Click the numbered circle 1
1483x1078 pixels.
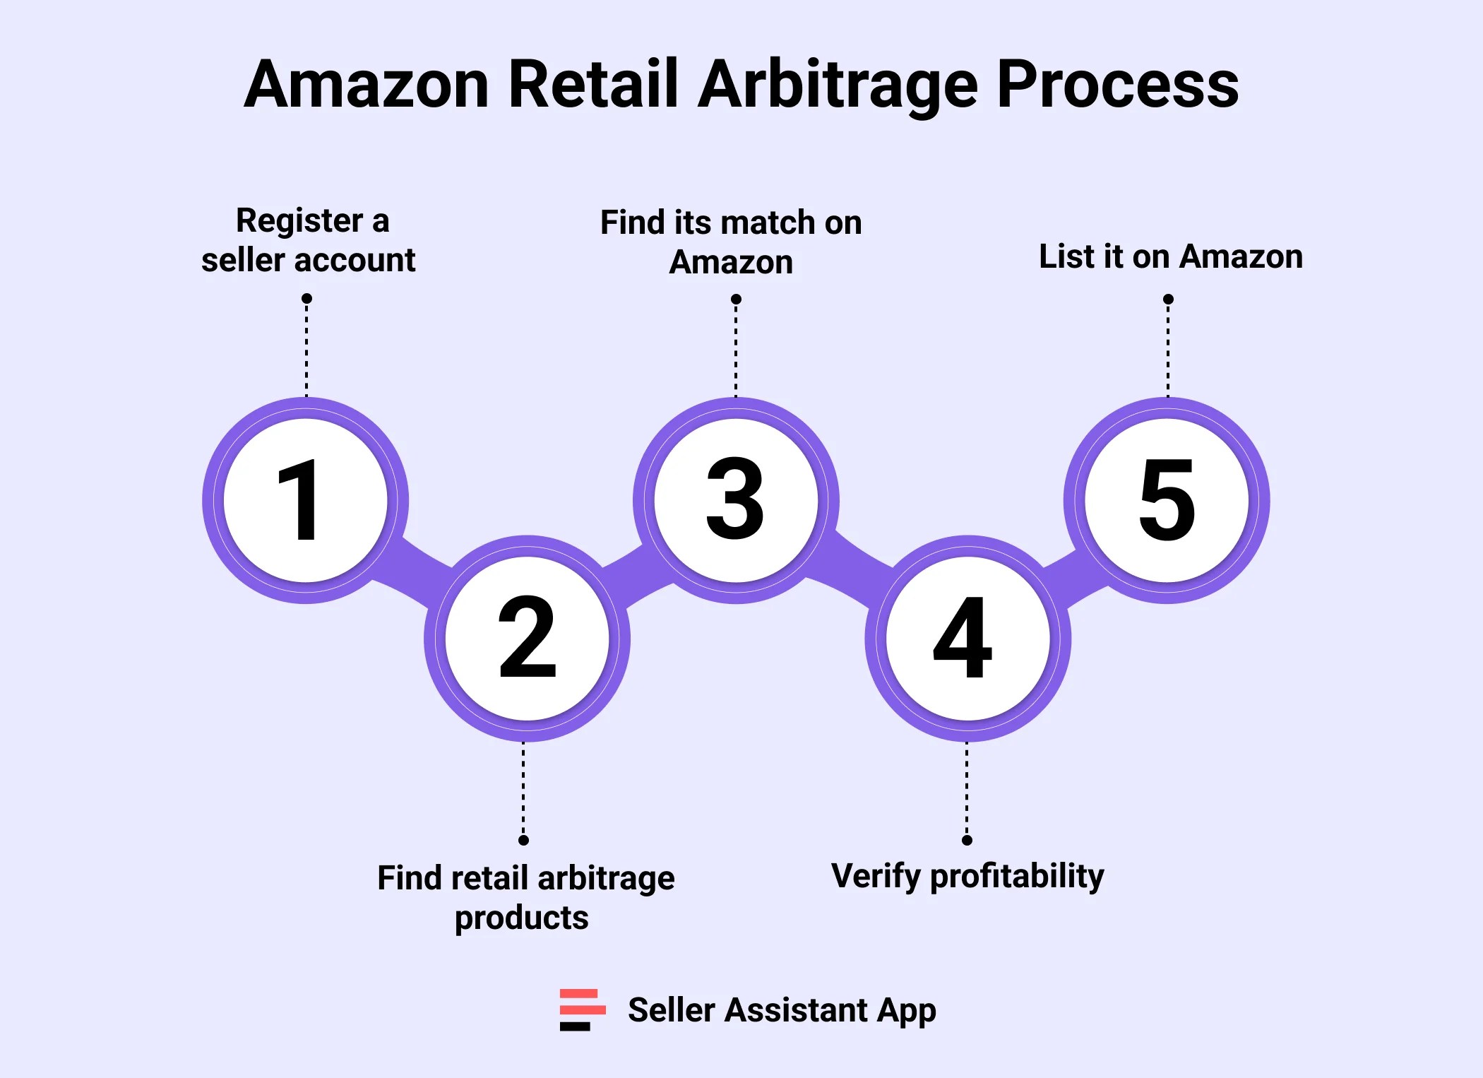[x=306, y=500]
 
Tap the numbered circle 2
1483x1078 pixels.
[x=527, y=639]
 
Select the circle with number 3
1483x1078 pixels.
[x=736, y=500]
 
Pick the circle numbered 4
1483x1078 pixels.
[x=967, y=639]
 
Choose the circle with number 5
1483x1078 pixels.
[x=1167, y=500]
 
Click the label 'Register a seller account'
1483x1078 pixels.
[x=309, y=240]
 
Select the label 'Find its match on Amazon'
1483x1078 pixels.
[x=731, y=242]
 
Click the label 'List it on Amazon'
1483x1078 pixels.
[x=1170, y=256]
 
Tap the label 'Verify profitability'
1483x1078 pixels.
[x=967, y=877]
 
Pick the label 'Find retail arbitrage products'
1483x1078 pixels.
[x=525, y=898]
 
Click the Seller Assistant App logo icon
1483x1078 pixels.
[x=582, y=1009]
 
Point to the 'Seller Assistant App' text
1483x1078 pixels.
[x=782, y=1010]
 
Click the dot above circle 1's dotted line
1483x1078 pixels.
[x=306, y=299]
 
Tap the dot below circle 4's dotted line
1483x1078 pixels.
[x=967, y=840]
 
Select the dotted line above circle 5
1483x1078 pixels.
[x=1168, y=350]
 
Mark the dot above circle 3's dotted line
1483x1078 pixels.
[x=736, y=300]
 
